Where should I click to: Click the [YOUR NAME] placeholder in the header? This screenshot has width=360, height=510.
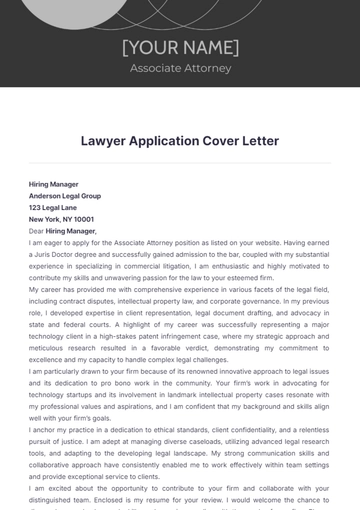tap(180, 47)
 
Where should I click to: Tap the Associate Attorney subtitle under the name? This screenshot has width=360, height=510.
tap(180, 68)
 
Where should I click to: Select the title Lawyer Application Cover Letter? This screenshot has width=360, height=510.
tap(180, 141)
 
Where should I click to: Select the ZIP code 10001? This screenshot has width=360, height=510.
tap(84, 219)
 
